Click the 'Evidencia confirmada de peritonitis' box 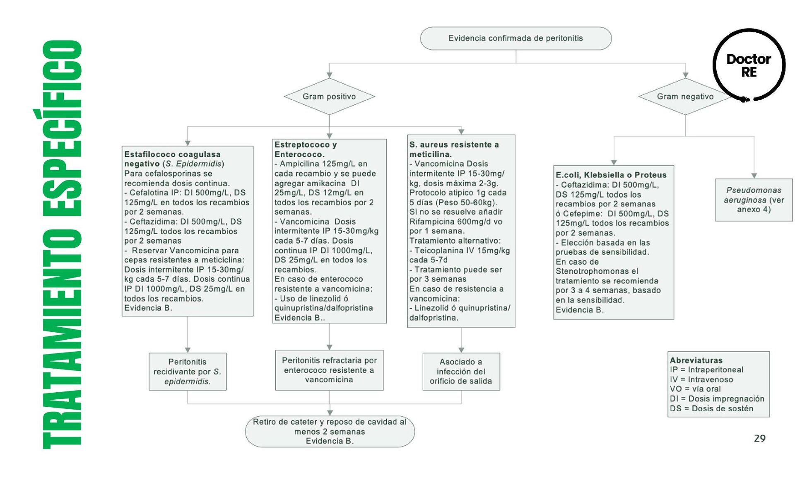(516, 39)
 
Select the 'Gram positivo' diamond (329, 97)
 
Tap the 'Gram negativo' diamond (685, 97)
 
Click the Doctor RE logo (749, 65)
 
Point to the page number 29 (759, 438)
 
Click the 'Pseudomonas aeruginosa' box (754, 200)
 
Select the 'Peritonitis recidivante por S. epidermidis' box (188, 372)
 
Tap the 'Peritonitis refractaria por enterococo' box (329, 370)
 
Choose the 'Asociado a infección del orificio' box (461, 372)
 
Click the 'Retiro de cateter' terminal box (330, 431)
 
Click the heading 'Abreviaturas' (696, 360)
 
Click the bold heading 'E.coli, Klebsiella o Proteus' (611, 175)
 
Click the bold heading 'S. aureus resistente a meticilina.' (454, 150)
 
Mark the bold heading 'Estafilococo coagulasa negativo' (172, 159)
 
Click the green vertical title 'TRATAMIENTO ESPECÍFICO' (62, 244)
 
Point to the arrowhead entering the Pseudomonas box (754, 176)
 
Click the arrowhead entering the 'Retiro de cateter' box (330, 413)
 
